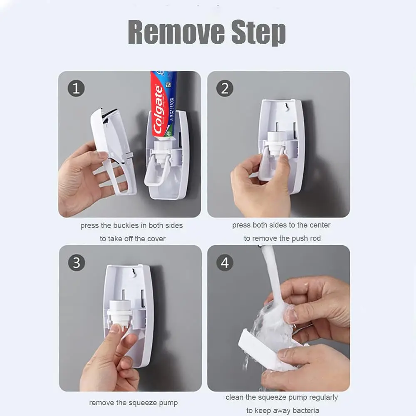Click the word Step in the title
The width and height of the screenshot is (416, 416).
coord(258,32)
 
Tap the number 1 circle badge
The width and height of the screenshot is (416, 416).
coord(76,88)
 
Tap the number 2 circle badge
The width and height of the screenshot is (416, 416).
coord(225,88)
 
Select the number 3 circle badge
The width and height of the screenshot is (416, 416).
coord(77,262)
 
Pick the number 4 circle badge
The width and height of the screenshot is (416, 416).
coord(225,262)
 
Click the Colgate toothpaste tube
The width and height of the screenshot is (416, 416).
coord(163,104)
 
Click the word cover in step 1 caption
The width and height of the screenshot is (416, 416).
coord(156,239)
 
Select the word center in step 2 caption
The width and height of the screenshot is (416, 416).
coord(319,225)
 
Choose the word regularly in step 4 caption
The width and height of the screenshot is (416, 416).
coord(322,397)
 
